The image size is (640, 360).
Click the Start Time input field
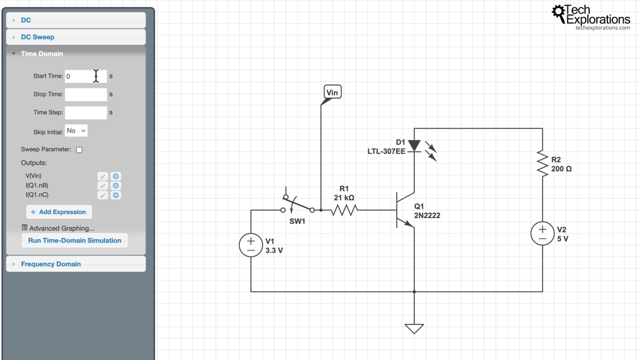coord(86,76)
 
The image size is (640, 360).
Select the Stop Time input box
coord(86,95)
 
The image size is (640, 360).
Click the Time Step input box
coord(86,113)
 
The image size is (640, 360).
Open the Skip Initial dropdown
coord(76,131)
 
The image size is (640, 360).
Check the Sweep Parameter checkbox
coord(79,150)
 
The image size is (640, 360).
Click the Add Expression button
coord(59,212)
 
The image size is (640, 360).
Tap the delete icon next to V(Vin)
coord(116,177)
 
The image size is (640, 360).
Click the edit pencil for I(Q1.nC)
coord(103,195)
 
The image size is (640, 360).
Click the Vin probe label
coord(333,93)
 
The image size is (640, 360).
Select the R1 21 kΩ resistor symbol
coord(344,210)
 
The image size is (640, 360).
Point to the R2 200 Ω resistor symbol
coord(542,163)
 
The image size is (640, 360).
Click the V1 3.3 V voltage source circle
coord(250,245)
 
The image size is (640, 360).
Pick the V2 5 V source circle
coord(542,234)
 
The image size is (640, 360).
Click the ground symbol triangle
coord(415,329)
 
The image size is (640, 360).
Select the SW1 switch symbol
coord(298,203)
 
